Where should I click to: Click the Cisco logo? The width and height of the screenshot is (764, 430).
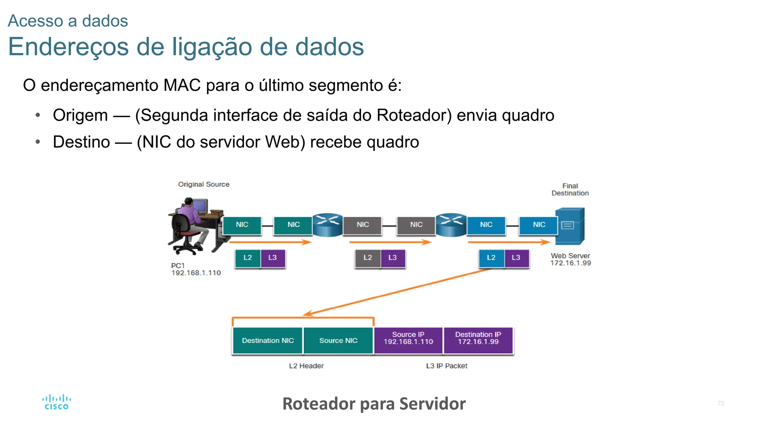(x=56, y=402)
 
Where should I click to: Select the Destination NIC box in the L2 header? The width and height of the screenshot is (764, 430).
(x=267, y=340)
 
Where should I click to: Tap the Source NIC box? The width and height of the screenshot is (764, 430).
(x=338, y=340)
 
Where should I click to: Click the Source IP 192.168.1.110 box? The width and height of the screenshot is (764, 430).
(x=408, y=338)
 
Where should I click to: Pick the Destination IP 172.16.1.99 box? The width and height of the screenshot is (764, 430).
(x=478, y=338)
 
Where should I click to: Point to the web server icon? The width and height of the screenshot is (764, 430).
(x=570, y=226)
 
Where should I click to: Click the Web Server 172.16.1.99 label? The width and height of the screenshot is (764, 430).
(x=570, y=259)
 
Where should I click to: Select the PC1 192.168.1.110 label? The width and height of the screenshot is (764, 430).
(x=195, y=269)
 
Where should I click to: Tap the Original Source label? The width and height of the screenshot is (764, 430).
(x=204, y=184)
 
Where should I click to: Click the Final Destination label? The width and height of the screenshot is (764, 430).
(x=570, y=190)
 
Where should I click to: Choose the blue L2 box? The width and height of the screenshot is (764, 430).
(x=491, y=258)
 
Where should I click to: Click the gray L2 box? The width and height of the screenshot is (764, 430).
(x=368, y=258)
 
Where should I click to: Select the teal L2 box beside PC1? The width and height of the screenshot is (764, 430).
(x=248, y=258)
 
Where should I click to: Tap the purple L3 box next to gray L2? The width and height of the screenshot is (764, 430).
(x=393, y=258)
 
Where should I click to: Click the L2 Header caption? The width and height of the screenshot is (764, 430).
(x=306, y=366)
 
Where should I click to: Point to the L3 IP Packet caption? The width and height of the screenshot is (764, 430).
(x=447, y=366)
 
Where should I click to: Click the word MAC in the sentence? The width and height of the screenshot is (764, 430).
(x=182, y=85)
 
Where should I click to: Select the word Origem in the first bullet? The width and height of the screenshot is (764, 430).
(x=80, y=115)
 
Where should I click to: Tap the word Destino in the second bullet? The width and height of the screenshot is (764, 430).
(x=81, y=142)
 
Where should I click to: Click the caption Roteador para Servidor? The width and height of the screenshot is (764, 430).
(x=374, y=404)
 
